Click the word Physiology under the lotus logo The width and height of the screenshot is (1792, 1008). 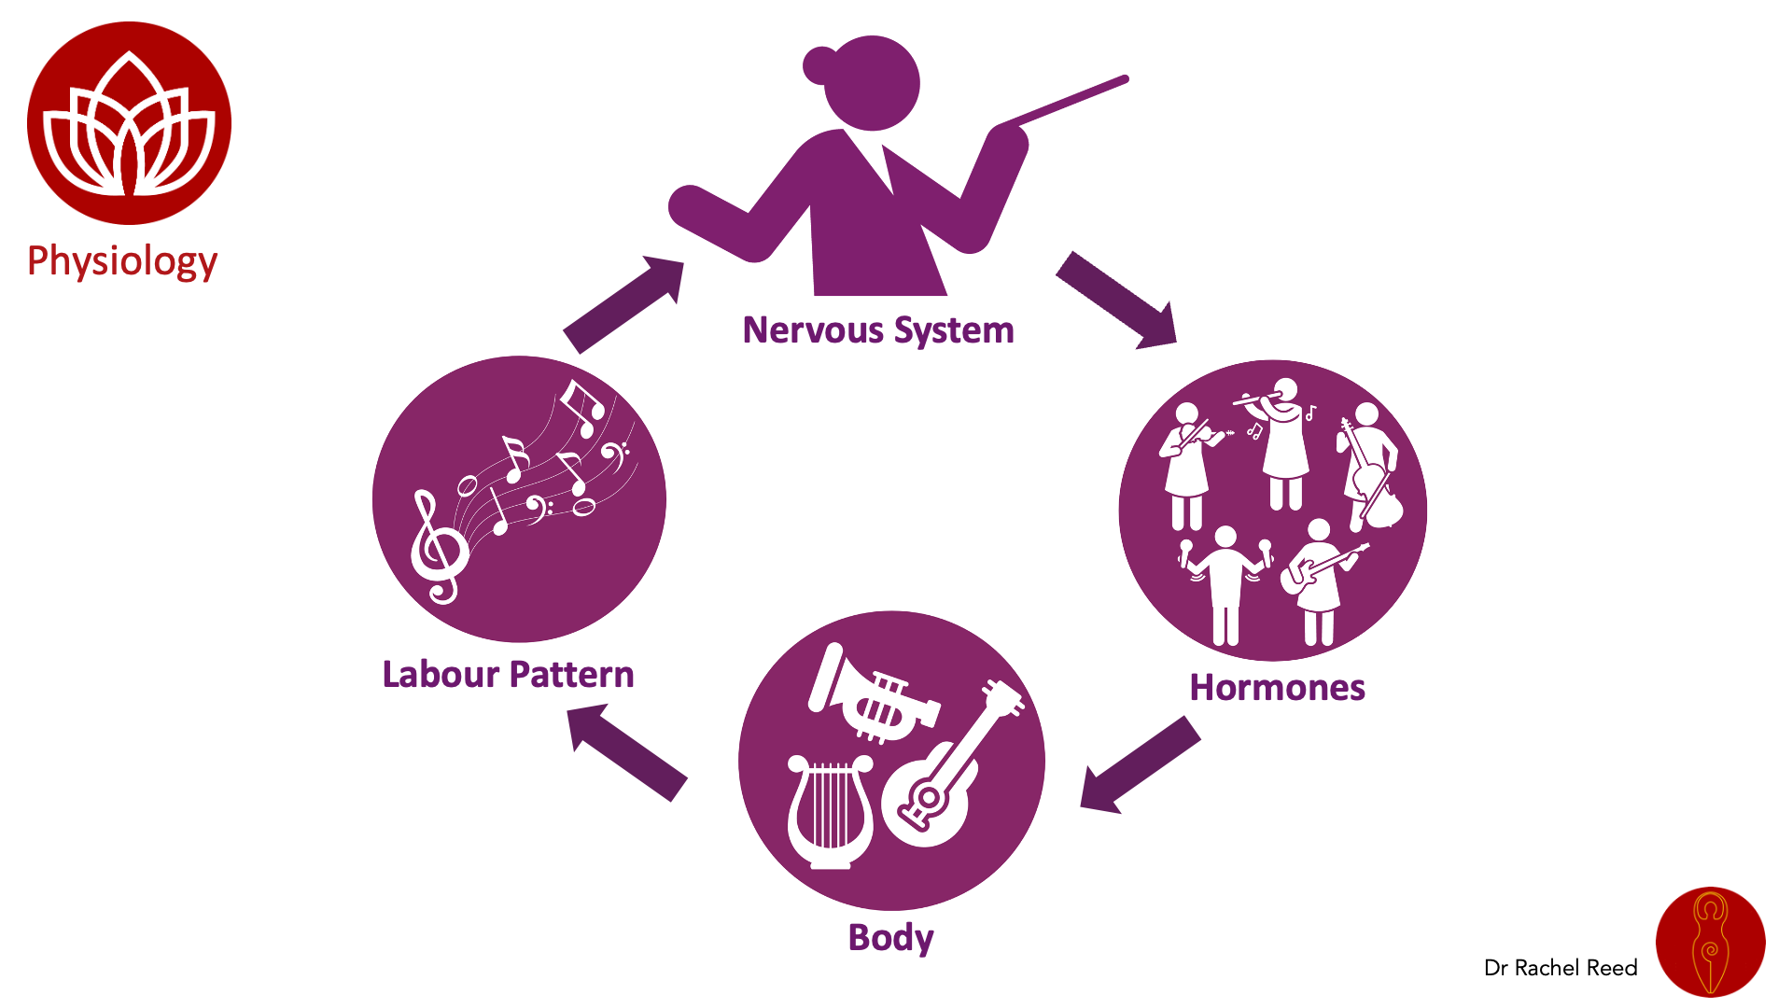[x=122, y=261]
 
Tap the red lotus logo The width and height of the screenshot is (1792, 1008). [x=129, y=123]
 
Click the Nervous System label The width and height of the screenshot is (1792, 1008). [x=877, y=330]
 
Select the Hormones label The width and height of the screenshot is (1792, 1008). [x=1277, y=688]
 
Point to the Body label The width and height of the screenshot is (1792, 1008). [x=890, y=937]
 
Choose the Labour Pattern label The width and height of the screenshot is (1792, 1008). [x=508, y=674]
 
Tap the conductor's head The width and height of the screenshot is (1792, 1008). [x=873, y=82]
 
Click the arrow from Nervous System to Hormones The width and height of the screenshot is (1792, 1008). [x=1116, y=300]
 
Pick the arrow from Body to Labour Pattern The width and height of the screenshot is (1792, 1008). [x=627, y=752]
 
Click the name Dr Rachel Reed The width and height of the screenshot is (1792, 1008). [x=1561, y=968]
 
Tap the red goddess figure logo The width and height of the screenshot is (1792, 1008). [x=1710, y=942]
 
